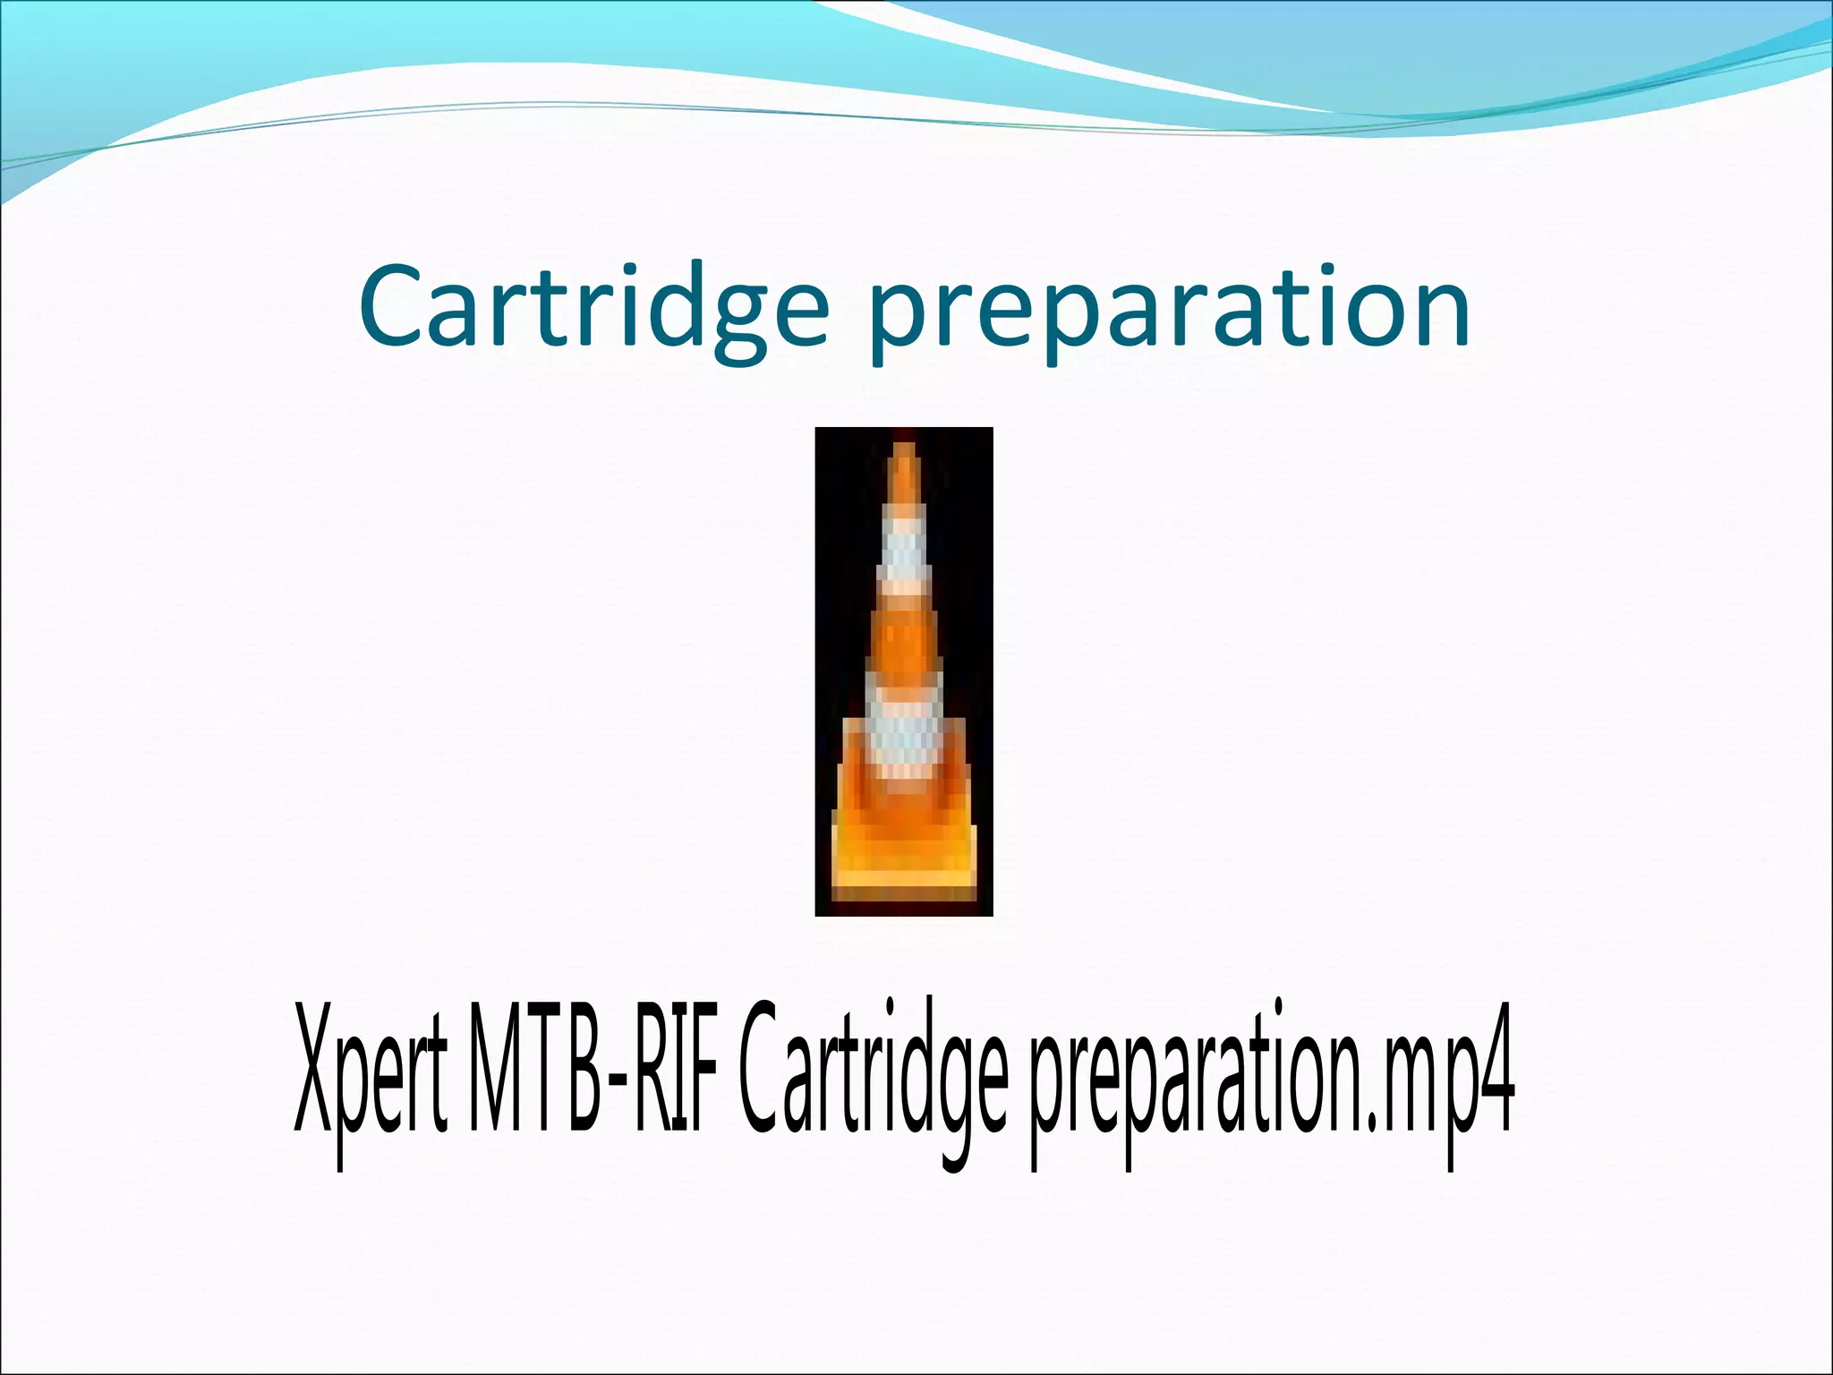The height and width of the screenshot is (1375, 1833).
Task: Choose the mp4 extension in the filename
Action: click(1445, 1088)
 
